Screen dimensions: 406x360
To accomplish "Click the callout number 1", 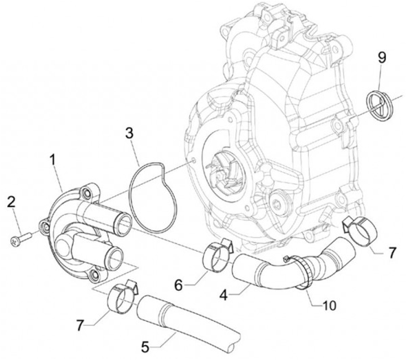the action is tap(53, 160).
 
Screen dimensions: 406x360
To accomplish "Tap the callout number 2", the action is tap(11, 202).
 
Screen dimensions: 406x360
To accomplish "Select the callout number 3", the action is tap(129, 132).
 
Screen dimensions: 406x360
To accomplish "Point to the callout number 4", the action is tap(224, 295).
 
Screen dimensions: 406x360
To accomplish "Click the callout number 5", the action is tap(145, 347).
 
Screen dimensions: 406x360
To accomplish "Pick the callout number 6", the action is tap(179, 285).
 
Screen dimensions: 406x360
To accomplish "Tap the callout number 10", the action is tap(329, 305).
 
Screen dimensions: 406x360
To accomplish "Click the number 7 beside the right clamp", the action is tap(392, 252).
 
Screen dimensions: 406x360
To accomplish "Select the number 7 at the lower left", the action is tap(80, 325).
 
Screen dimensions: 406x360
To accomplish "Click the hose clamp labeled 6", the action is tap(215, 256).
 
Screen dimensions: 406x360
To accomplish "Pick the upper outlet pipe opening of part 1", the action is tap(123, 223).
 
